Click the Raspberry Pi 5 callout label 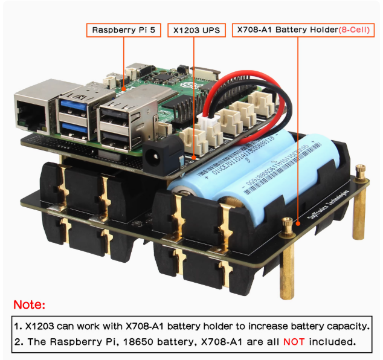click(x=124, y=30)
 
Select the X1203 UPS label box click(x=196, y=30)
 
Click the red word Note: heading click(x=29, y=305)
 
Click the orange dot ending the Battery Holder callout click(x=289, y=222)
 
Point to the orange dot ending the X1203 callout click(x=195, y=159)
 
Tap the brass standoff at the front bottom click(x=288, y=269)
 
